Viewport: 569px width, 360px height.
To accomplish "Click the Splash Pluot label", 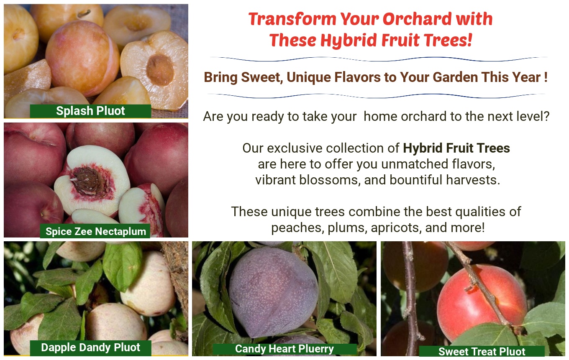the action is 90,111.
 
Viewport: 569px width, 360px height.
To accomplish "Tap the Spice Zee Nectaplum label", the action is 95,231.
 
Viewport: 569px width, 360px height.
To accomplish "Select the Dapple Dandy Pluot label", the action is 90,347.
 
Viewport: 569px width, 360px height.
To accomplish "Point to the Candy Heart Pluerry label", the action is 284,349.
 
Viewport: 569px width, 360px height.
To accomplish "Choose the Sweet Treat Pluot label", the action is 482,351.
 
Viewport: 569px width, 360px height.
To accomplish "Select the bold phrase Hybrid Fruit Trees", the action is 456,148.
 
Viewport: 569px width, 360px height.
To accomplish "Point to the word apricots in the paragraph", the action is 396,228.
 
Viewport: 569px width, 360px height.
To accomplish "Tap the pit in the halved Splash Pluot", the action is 160,70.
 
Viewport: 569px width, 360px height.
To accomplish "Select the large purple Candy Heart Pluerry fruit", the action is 273,292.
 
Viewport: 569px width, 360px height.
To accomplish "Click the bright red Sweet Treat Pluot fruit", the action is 482,302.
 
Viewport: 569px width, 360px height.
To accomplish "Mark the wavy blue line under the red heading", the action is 379,59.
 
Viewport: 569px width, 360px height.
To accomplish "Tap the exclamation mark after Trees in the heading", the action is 469,40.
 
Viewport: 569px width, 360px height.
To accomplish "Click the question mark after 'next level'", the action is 546,116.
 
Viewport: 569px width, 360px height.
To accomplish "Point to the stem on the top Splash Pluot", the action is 84,13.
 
